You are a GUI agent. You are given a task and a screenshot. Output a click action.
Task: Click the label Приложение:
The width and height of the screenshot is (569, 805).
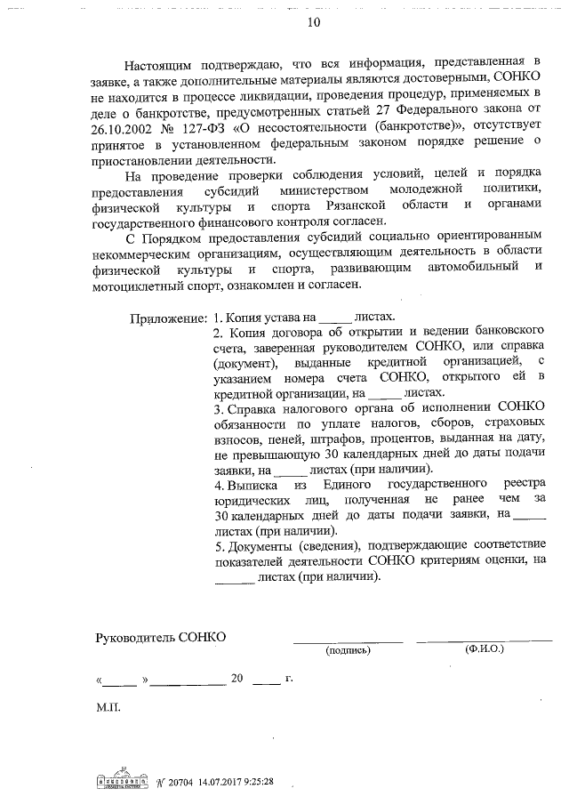pos(169,318)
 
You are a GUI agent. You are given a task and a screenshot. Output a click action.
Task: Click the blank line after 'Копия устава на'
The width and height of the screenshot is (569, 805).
pos(334,318)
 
